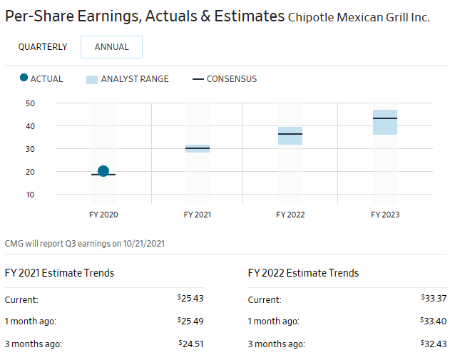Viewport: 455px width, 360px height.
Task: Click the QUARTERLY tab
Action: pos(43,47)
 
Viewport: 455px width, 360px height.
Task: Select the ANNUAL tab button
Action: pos(111,47)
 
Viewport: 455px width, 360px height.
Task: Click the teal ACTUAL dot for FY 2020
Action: pos(103,171)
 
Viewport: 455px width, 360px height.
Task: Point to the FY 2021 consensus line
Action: pos(198,148)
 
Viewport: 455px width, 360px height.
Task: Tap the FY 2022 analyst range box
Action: pos(290,135)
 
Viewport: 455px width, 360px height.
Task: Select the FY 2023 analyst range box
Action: pos(385,122)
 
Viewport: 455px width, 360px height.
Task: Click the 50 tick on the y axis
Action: pos(30,103)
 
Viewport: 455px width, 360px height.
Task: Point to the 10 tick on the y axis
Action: pos(30,195)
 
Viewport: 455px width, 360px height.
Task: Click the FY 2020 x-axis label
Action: pos(103,214)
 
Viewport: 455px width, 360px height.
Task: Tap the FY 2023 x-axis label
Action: pos(385,214)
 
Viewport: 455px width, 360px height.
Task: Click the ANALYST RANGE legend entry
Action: pos(127,79)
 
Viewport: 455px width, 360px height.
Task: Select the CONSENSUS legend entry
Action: pos(225,79)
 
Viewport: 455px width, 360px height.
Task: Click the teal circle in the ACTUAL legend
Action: pos(24,78)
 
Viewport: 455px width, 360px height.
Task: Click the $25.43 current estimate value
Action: pos(190,299)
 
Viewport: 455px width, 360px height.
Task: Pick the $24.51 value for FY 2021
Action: pos(190,344)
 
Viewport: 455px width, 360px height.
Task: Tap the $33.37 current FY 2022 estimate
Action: pos(434,299)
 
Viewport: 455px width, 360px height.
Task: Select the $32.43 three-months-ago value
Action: pos(434,344)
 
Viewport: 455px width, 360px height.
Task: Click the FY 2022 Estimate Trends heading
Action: pos(303,273)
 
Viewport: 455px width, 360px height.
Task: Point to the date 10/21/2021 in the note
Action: pos(143,244)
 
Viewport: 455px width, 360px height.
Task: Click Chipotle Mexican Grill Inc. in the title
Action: pos(359,17)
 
